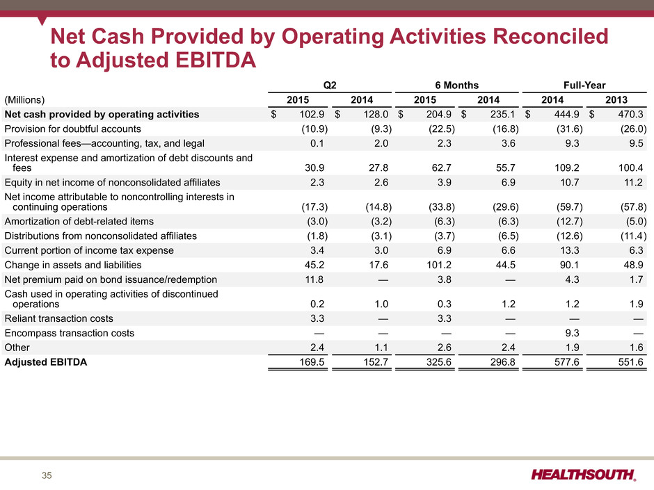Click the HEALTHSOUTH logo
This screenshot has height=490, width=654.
tap(584, 475)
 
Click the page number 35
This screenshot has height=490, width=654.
tap(47, 475)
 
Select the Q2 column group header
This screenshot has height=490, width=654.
tap(330, 85)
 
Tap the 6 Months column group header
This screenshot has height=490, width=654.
tap(456, 85)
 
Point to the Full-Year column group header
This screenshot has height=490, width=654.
tap(584, 85)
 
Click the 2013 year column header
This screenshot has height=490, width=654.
tap(616, 100)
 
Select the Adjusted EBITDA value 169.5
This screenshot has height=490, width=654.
tap(312, 362)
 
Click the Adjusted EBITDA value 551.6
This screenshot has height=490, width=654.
tap(630, 362)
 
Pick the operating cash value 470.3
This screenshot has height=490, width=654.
tap(630, 114)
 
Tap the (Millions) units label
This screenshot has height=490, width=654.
tap(24, 100)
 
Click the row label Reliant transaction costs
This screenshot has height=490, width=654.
tap(59, 319)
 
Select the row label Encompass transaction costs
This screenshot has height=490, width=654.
tap(70, 334)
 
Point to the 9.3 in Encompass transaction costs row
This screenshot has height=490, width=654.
tap(572, 334)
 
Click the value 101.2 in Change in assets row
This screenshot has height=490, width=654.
tap(439, 265)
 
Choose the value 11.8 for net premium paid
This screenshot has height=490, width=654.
tap(314, 279)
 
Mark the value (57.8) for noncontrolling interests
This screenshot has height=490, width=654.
tap(634, 207)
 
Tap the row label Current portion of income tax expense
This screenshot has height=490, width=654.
tap(89, 250)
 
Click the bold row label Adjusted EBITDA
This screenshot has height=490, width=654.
tap(45, 362)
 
